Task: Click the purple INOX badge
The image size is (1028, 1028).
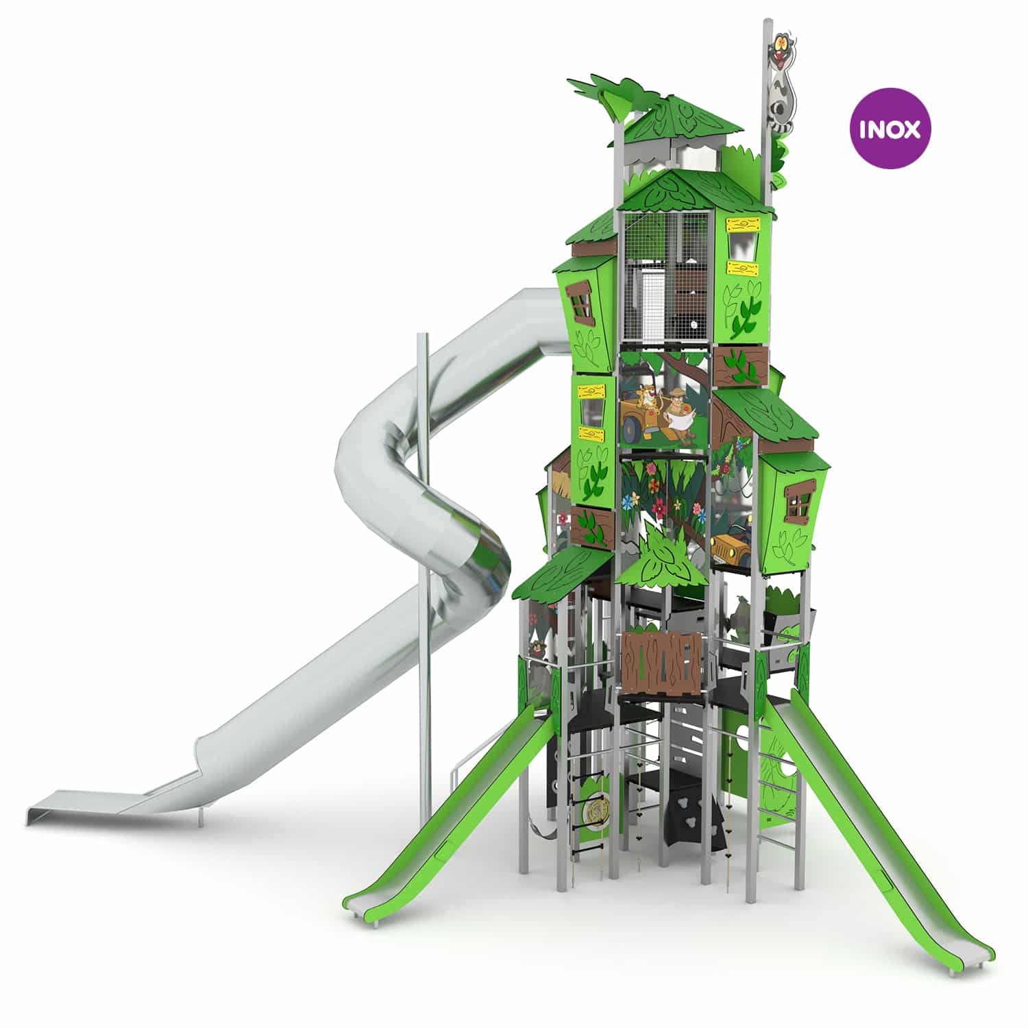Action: point(890,128)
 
